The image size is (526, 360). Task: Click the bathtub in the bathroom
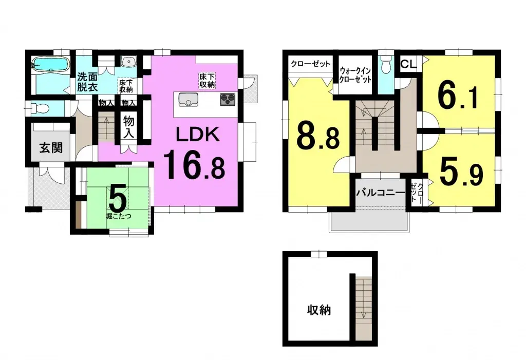point(51,65)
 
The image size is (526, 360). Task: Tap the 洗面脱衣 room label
point(87,82)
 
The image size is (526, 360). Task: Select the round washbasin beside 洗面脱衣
point(128,62)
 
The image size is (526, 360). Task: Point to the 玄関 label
point(51,148)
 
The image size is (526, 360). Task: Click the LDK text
point(198,135)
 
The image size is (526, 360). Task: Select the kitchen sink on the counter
point(189,100)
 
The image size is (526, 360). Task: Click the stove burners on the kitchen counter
point(227,99)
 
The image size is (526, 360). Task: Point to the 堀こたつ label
point(119,216)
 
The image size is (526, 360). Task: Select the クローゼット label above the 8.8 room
point(310,64)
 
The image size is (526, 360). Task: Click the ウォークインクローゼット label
point(355,75)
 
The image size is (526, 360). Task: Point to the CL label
point(408,64)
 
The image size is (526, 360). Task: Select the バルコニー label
point(381,194)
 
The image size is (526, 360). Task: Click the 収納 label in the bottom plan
point(319,310)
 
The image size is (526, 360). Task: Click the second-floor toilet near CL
point(385,65)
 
